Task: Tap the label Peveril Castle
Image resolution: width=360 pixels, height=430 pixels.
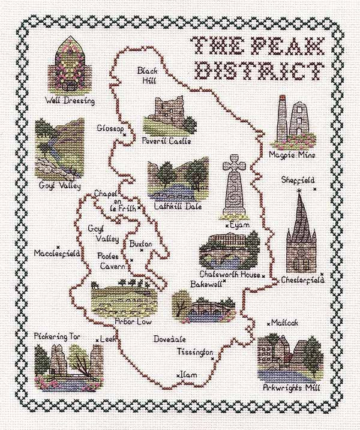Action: point(166,142)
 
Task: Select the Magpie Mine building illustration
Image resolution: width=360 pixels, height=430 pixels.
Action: point(292,122)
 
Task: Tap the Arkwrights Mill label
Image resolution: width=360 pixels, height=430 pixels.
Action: point(292,387)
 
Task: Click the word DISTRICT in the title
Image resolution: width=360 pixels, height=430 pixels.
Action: point(257,70)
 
